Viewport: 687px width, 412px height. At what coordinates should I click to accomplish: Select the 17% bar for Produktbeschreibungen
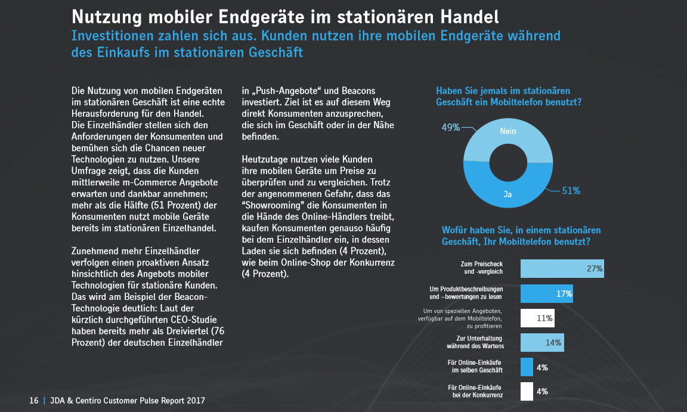(x=546, y=293)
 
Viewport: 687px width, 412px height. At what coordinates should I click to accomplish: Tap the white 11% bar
(x=537, y=318)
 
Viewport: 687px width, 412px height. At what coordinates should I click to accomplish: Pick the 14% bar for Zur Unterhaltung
(x=541, y=342)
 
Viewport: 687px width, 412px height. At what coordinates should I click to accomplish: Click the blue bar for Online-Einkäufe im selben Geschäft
(x=527, y=367)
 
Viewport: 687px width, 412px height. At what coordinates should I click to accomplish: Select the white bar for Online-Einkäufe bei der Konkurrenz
(x=527, y=391)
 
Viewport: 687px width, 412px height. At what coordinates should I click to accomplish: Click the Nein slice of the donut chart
(x=508, y=134)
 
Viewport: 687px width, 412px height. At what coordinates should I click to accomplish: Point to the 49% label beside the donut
(x=450, y=127)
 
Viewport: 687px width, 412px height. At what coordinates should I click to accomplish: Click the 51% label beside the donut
(x=571, y=191)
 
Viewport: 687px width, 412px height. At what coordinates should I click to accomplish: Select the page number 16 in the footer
(x=34, y=401)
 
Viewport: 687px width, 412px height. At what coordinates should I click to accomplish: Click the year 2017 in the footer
(x=194, y=401)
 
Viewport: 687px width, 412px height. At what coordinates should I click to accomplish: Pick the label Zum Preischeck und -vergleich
(x=482, y=267)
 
